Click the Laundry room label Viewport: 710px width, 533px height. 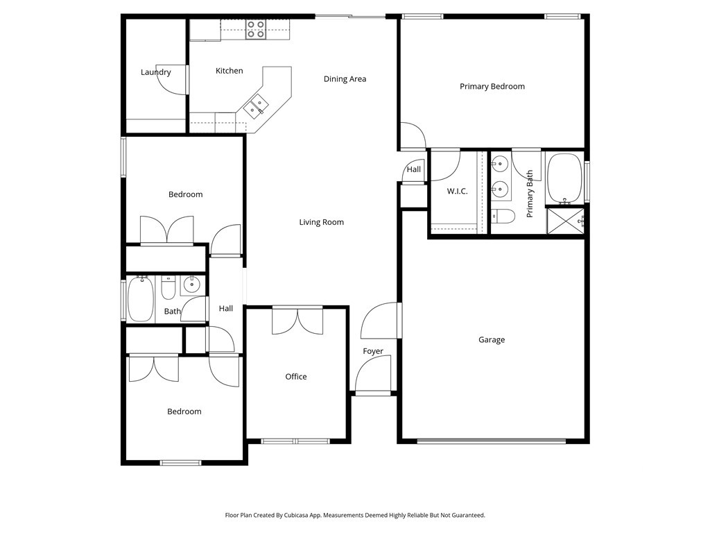155,72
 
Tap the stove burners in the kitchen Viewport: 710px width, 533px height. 255,29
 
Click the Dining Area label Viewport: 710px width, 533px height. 345,79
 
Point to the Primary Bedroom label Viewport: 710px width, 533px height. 492,87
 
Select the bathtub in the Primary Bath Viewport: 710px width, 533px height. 564,178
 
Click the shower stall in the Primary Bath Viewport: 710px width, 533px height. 565,221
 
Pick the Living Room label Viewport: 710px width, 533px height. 321,222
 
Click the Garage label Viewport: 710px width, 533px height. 492,340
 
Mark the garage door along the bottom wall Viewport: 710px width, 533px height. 492,440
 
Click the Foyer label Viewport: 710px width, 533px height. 373,351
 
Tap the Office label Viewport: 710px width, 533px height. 296,377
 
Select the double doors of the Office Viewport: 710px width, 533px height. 297,320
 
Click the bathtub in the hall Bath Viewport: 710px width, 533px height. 141,299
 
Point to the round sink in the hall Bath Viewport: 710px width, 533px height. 191,284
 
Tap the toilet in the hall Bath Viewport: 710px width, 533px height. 168,287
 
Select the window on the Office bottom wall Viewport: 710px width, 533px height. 295,441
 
